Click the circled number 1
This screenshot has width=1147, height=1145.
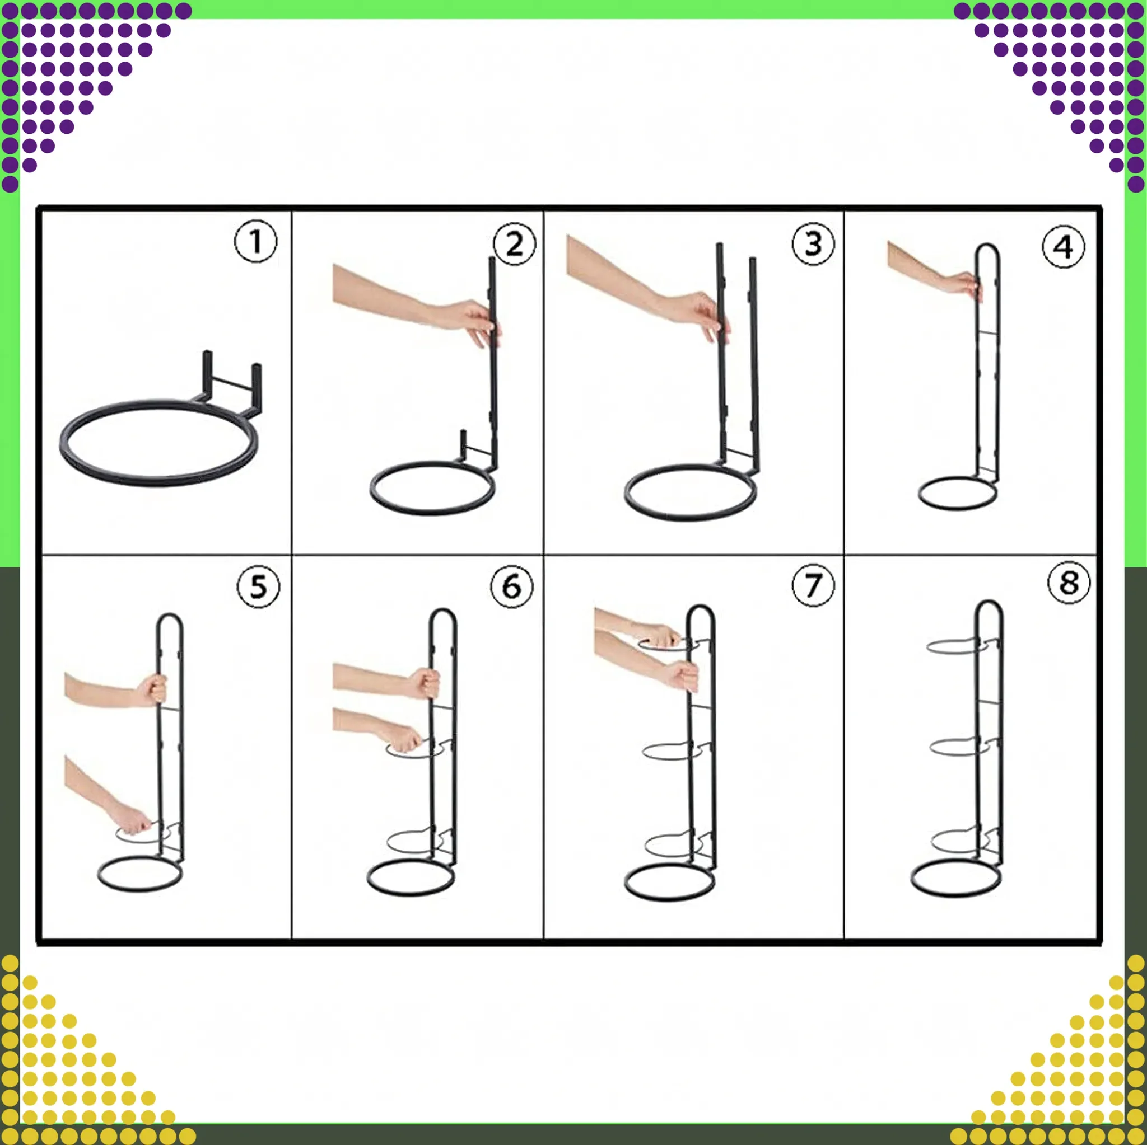click(255, 241)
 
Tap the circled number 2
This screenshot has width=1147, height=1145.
click(514, 243)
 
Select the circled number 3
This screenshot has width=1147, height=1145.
click(813, 243)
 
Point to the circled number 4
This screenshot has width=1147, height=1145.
click(1064, 246)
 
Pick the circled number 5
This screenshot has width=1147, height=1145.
click(258, 586)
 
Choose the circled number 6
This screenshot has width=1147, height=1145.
click(512, 586)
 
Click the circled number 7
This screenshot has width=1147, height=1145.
click(813, 584)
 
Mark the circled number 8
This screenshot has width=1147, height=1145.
click(1069, 582)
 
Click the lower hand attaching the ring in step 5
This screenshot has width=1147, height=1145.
click(134, 820)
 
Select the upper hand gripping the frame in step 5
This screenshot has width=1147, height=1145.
click(152, 689)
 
